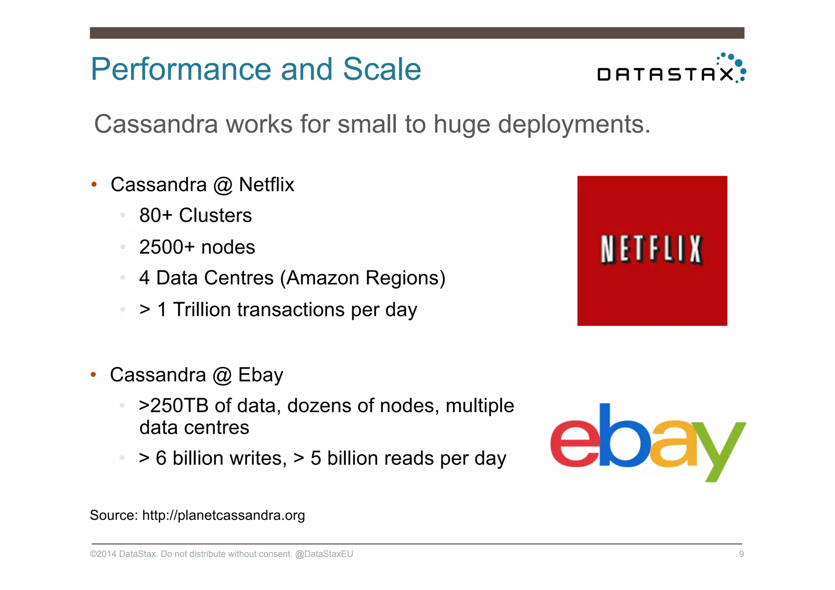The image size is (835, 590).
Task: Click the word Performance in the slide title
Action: click(x=181, y=69)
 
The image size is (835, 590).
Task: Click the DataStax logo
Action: click(x=671, y=69)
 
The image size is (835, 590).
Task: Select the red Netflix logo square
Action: click(x=652, y=250)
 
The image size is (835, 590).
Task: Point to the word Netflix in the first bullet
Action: click(x=266, y=185)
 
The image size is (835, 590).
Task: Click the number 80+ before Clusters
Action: click(x=156, y=215)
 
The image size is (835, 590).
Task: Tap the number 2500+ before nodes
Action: click(x=167, y=247)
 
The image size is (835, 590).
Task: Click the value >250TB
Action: click(x=174, y=406)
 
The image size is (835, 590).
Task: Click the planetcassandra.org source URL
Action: click(x=223, y=515)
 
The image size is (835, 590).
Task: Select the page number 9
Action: click(x=741, y=554)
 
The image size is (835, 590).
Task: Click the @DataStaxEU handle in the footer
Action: click(x=324, y=554)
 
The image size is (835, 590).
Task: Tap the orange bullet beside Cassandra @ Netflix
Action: click(x=94, y=185)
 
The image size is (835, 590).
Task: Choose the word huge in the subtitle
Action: click(x=462, y=124)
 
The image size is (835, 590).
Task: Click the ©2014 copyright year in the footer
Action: click(x=103, y=554)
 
